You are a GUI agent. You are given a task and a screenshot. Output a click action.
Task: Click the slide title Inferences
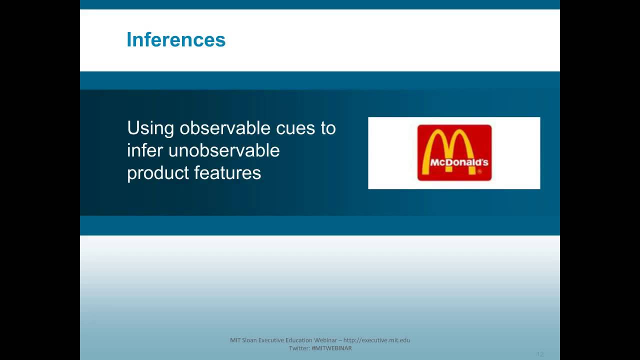point(176,39)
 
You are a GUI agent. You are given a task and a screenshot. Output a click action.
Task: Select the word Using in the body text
point(150,128)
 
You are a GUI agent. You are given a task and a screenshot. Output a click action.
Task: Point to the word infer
point(145,150)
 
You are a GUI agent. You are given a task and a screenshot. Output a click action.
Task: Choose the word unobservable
point(224,150)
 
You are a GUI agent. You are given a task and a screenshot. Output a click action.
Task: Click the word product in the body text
point(158,173)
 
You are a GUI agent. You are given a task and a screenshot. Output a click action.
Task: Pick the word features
point(227,172)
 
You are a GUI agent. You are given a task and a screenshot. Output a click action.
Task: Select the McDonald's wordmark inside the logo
point(459,162)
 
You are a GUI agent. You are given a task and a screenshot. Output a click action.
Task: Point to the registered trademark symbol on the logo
point(479,171)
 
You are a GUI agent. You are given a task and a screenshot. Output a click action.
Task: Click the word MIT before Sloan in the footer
point(235,340)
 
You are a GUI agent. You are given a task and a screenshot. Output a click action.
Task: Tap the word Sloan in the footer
point(249,340)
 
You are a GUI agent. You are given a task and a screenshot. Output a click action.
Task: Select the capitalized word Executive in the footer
point(271,340)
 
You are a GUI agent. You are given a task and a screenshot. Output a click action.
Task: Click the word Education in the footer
point(299,340)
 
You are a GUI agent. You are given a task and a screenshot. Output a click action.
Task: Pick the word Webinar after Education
point(325,340)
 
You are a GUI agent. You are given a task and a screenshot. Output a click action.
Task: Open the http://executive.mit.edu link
point(376,340)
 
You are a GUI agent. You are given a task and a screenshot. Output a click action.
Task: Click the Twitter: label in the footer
point(299,348)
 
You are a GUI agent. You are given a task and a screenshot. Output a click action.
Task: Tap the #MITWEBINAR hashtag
point(332,348)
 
